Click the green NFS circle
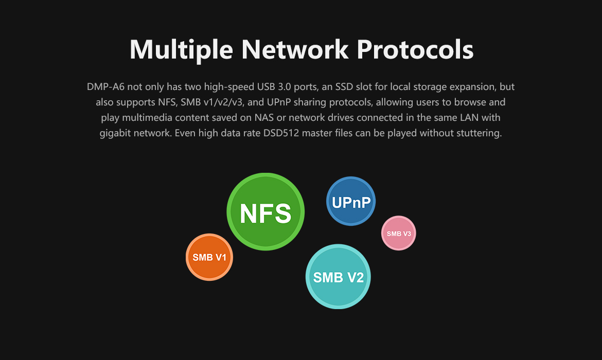tap(265, 212)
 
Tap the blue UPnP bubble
tap(351, 202)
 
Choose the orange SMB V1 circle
tap(209, 257)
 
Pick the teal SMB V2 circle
tap(338, 277)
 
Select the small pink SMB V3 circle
tap(399, 233)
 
